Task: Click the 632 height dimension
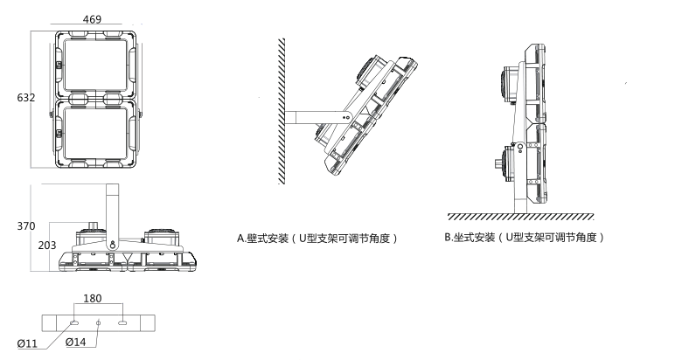click(x=25, y=98)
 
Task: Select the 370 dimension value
click(x=25, y=226)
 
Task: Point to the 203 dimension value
click(x=46, y=246)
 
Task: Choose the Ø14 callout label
click(x=77, y=343)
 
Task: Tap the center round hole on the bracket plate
click(x=98, y=323)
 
